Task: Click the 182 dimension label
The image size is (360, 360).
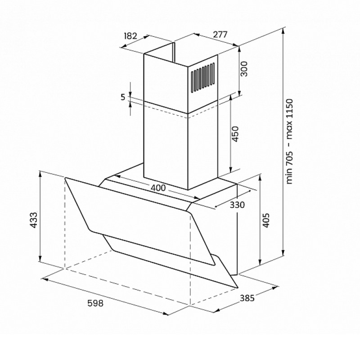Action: tap(130, 36)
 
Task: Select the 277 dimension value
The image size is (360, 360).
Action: tap(220, 35)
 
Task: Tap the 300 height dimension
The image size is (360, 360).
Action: tap(244, 69)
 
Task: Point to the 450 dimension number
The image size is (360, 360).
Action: tap(235, 134)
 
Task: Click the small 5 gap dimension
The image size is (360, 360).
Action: tap(123, 97)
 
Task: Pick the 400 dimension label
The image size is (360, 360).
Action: tap(158, 188)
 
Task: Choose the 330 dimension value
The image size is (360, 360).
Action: tap(237, 205)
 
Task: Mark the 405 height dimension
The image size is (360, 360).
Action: tap(265, 220)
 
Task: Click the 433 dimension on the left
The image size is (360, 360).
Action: tap(34, 220)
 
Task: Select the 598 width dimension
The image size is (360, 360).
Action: tap(95, 303)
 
